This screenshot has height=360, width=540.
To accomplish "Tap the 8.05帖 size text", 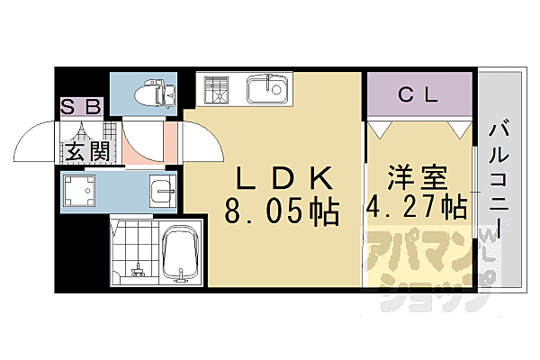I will [x=281, y=212].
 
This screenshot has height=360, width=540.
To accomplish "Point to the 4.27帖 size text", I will [x=416, y=207].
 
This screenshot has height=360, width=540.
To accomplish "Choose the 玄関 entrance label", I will [x=85, y=150].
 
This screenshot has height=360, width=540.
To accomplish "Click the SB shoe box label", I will [x=81, y=105].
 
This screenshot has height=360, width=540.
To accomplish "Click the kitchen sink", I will [x=265, y=90].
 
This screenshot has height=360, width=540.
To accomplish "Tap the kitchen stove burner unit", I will [x=216, y=91].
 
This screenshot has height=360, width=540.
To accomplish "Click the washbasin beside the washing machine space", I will [x=162, y=191].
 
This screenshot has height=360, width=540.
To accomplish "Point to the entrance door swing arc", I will [x=36, y=144].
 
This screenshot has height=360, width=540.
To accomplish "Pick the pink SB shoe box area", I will [x=82, y=105].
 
